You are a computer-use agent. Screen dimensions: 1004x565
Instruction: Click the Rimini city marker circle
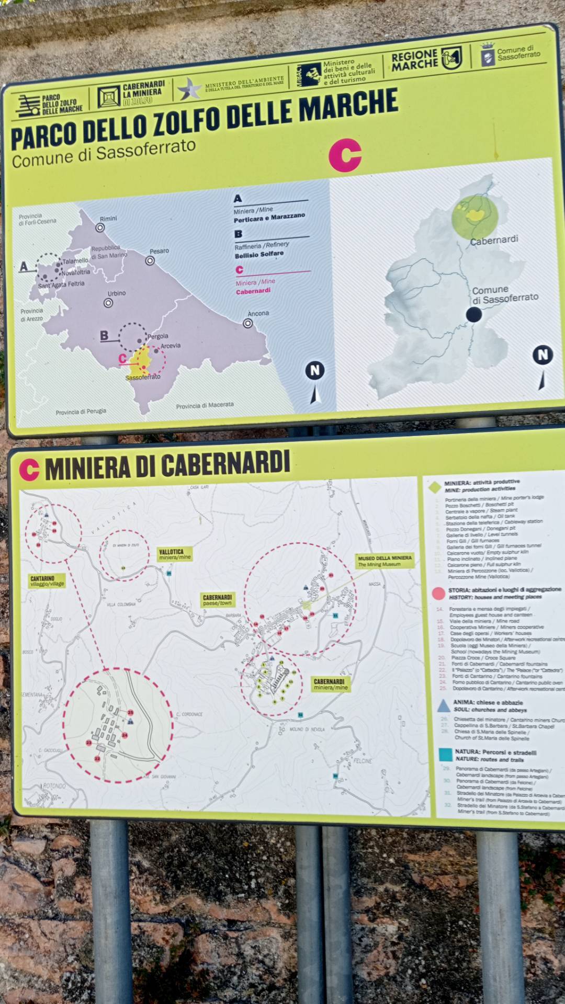100,227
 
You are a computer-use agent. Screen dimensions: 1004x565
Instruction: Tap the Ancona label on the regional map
258,313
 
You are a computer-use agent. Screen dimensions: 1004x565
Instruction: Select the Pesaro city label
159,251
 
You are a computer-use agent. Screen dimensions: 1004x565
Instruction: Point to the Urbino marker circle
108,303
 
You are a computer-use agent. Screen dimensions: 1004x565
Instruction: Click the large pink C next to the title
345,155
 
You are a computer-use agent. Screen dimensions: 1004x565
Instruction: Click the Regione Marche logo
426,60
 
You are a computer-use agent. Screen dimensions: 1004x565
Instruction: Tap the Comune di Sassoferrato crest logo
488,54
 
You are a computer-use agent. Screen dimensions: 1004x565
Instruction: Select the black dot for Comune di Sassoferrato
474,314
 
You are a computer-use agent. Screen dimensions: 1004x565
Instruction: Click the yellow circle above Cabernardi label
474,216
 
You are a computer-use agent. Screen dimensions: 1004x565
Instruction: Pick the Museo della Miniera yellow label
385,561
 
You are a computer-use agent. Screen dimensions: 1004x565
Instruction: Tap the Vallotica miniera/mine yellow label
175,554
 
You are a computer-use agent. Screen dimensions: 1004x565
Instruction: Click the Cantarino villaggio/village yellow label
47,581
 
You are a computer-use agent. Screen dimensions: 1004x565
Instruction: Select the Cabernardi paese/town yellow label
217,600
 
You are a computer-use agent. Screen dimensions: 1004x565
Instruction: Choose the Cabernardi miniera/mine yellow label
329,684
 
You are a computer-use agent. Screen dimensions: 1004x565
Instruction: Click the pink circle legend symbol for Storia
438,593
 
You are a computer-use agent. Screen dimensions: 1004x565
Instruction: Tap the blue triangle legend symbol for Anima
444,706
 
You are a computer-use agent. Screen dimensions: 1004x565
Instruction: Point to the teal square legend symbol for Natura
446,755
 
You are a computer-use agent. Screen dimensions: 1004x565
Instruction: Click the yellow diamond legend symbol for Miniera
435,487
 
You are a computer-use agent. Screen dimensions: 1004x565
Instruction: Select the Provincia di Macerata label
205,406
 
